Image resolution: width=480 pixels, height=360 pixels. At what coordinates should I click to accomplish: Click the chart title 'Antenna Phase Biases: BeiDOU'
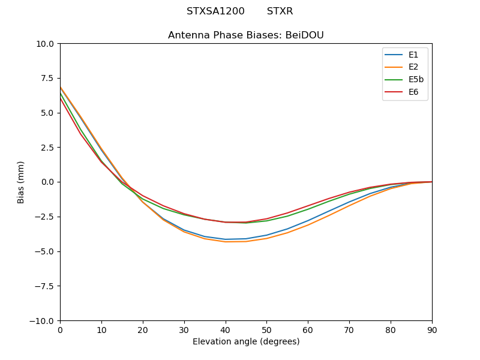click(246, 35)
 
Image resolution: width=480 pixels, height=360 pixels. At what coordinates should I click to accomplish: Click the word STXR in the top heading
click(280, 11)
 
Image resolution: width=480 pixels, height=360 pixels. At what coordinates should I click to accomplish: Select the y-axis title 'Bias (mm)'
click(21, 182)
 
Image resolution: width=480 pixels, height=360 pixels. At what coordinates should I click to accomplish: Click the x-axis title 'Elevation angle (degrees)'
click(246, 342)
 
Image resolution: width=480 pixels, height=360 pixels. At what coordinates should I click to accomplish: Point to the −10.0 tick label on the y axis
click(42, 321)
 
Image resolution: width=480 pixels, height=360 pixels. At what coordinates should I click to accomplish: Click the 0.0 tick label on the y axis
click(47, 182)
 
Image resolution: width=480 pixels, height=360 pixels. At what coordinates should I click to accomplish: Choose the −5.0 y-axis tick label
click(44, 251)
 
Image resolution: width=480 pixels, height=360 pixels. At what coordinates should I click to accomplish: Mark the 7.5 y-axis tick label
click(47, 79)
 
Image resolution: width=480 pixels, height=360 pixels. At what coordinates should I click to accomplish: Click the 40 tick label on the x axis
click(226, 329)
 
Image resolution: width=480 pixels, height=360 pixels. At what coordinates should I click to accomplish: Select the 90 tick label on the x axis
click(432, 329)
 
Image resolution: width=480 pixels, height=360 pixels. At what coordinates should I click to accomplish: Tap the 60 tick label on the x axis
click(308, 329)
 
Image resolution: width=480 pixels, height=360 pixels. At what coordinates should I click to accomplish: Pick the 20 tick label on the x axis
click(143, 329)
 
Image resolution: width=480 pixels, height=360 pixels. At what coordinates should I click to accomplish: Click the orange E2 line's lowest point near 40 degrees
click(226, 242)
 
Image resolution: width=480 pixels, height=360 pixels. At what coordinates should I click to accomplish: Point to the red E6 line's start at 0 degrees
click(61, 98)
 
